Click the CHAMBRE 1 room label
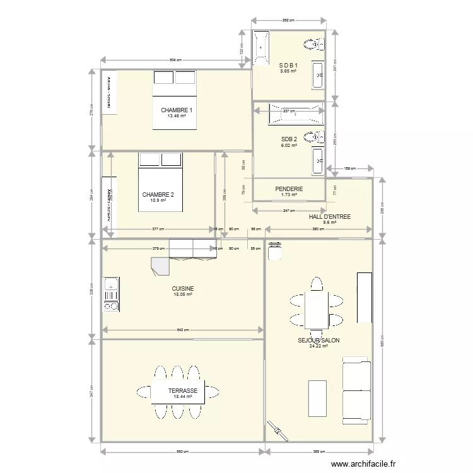[x=176, y=110]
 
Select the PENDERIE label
[x=289, y=189]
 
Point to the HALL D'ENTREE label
[x=330, y=216]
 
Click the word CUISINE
[x=184, y=288]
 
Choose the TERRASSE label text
[x=183, y=391]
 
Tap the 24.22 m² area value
[x=318, y=346]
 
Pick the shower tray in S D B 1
[x=260, y=49]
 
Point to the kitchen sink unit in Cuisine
[x=111, y=295]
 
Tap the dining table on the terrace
[x=177, y=391]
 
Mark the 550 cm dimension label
[x=182, y=452]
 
